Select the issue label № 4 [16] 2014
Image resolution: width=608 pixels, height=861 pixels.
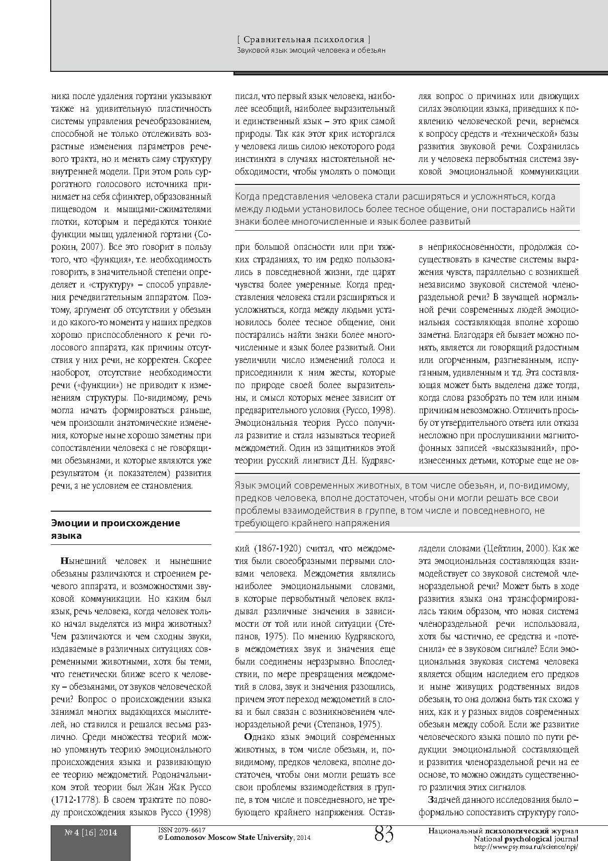coord(91,832)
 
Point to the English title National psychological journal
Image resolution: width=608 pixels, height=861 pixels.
coord(526,839)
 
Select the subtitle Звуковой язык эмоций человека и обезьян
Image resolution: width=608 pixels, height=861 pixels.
coord(311,50)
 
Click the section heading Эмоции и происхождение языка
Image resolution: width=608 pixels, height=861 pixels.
coord(115,529)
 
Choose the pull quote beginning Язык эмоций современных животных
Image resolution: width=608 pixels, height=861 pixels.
coord(407,504)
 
